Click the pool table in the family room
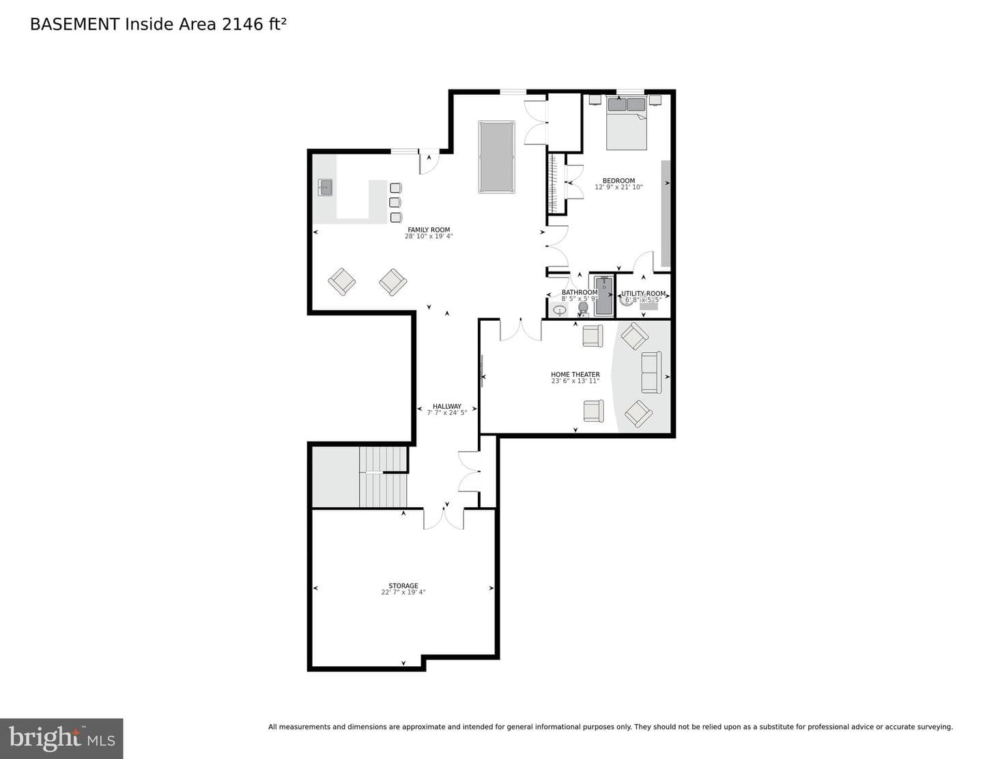(496, 157)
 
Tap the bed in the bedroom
(626, 123)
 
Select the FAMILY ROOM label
(429, 230)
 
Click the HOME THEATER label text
(575, 375)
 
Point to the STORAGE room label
(403, 586)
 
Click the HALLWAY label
(446, 406)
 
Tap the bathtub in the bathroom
(603, 296)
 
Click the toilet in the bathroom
(583, 309)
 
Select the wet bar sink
(325, 187)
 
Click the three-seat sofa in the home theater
(651, 372)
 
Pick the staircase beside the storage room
(383, 476)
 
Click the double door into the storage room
(443, 518)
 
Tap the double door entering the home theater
(520, 330)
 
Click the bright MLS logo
(61, 739)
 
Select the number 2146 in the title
(242, 24)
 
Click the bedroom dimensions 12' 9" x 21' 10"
(618, 187)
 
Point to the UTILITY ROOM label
(643, 293)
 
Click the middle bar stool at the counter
(395, 202)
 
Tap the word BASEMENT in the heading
(74, 24)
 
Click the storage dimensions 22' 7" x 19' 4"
(403, 592)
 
